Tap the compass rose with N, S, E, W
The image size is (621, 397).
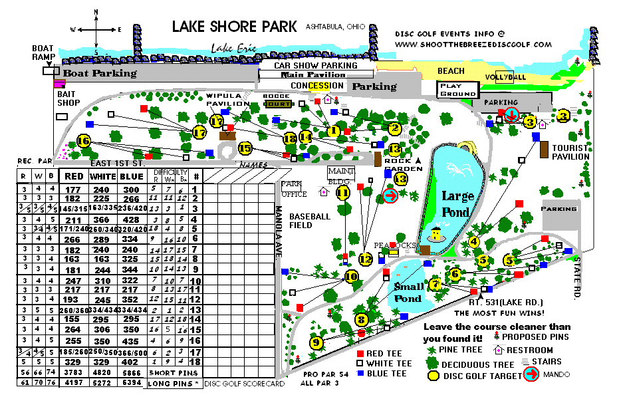coord(97,31)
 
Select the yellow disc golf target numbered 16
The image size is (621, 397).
coord(83,141)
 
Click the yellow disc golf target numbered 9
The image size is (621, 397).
coord(316,342)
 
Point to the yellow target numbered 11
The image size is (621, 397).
coord(343,193)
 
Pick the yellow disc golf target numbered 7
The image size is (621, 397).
coord(435,285)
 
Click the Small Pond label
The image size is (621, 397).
coord(408,293)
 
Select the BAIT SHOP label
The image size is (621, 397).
coord(68,98)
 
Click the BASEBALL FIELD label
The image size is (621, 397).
coord(310,221)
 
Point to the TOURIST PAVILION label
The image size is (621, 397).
coord(570,152)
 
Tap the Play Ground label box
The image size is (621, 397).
coord(458,89)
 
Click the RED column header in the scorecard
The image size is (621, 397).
coord(73,177)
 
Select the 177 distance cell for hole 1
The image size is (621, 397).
coord(73,190)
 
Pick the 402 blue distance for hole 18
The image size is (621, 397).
coord(130,362)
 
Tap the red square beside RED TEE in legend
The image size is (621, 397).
coord(361,353)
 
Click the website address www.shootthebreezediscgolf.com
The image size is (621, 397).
coord(473,45)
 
